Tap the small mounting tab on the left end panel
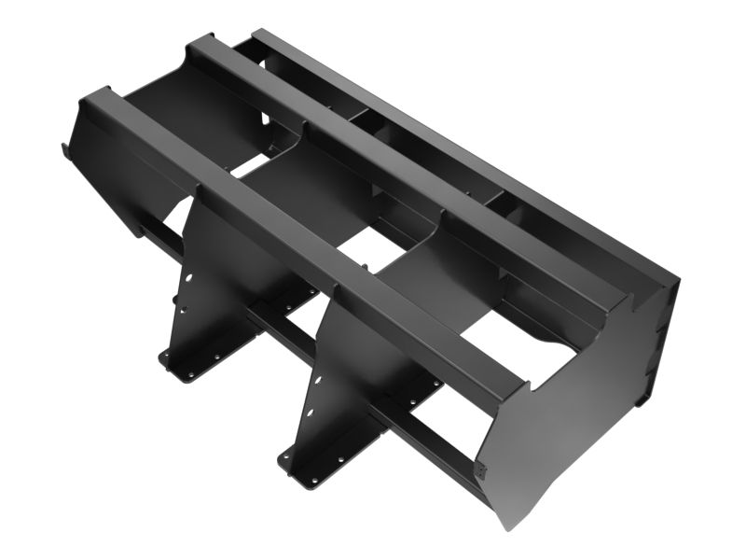point(65,149)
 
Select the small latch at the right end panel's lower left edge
point(481,470)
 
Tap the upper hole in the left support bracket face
point(187,278)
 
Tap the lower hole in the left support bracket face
point(183,309)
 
